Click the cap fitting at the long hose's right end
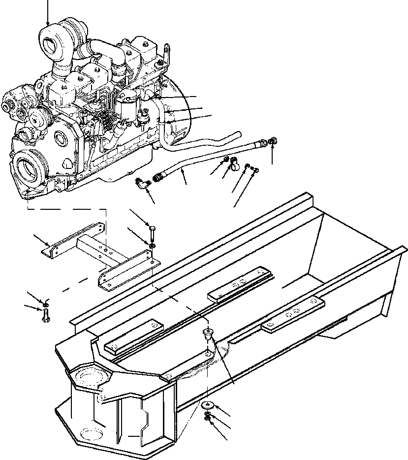point(273,141)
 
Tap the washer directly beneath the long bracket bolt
point(153,245)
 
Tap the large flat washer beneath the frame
point(208,405)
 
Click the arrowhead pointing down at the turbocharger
point(48,24)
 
